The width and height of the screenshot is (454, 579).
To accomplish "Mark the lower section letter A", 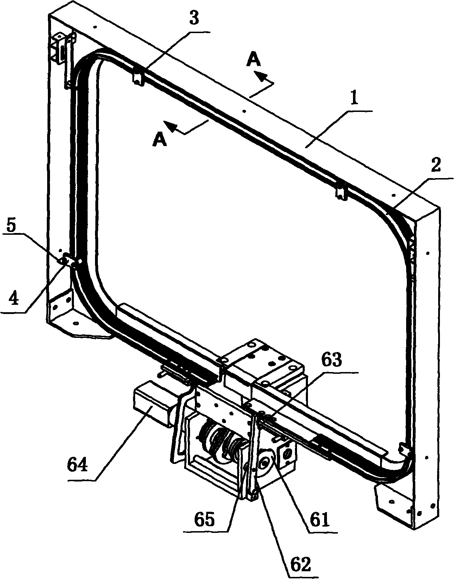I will (159, 140).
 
